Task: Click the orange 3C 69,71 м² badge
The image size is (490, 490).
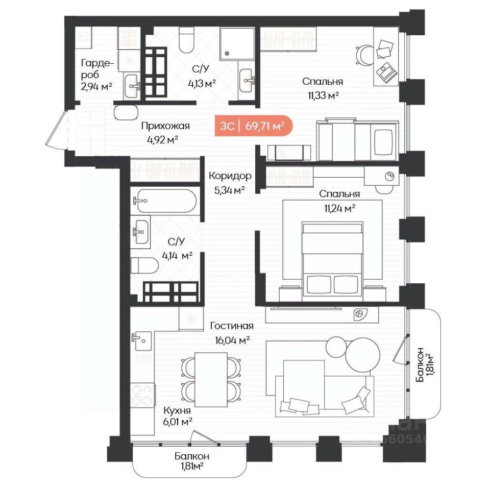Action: click(x=254, y=126)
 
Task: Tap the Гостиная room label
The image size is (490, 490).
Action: click(x=232, y=326)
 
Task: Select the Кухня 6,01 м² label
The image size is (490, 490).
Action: click(x=177, y=416)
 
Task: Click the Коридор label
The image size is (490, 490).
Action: click(x=230, y=176)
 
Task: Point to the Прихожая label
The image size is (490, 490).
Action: click(x=165, y=126)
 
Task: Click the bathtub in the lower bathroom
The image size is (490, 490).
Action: click(x=165, y=201)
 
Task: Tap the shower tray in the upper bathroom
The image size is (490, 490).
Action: click(x=237, y=43)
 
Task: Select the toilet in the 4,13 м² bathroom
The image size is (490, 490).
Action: click(x=187, y=40)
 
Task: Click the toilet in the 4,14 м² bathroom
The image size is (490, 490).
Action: click(x=144, y=265)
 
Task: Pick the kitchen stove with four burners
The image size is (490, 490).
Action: click(x=142, y=395)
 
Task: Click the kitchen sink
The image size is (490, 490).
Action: click(x=141, y=341)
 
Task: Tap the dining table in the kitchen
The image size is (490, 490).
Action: click(x=211, y=380)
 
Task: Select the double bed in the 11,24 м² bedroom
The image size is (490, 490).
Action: click(x=332, y=261)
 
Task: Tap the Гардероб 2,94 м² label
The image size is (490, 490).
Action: click(x=96, y=75)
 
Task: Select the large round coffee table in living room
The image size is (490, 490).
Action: click(x=363, y=356)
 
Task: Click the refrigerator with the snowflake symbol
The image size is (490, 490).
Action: click(x=191, y=318)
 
